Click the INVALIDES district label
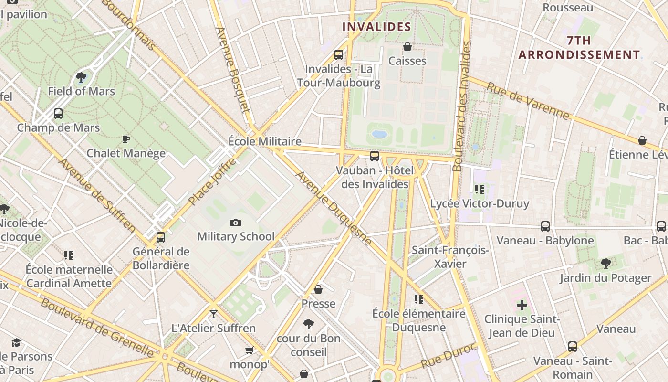[x=377, y=27]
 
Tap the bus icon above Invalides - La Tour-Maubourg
[x=339, y=55]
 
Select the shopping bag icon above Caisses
[x=407, y=47]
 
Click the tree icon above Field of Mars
[x=81, y=77]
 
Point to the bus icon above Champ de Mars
[x=58, y=114]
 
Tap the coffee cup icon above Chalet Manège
[x=126, y=139]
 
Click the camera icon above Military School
[x=236, y=223]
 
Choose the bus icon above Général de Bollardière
[x=161, y=237]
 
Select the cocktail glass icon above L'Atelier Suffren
[x=213, y=314]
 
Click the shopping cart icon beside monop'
[x=249, y=351]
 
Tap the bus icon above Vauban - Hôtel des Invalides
[x=375, y=156]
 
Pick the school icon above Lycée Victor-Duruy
[x=480, y=190]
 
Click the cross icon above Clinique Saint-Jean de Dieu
[x=522, y=305]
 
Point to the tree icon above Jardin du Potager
[x=605, y=264]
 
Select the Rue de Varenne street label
[x=528, y=101]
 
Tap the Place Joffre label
[x=212, y=182]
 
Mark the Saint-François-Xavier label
[x=450, y=257]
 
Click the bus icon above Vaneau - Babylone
[x=545, y=226]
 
